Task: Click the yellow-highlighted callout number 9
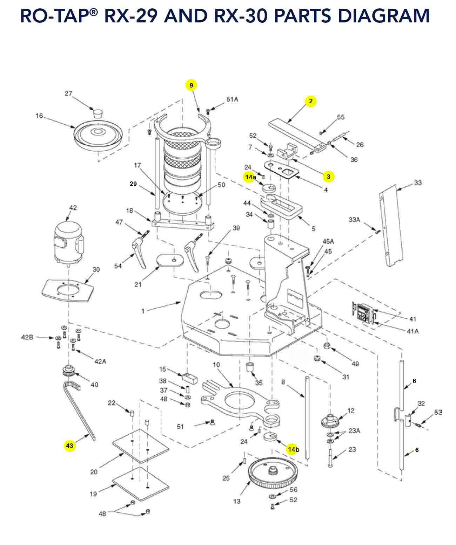pos(191,85)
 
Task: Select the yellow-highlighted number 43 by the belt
pos(69,446)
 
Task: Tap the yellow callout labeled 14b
pos(292,449)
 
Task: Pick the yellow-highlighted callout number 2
pos(310,101)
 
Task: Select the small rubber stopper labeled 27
pos(97,113)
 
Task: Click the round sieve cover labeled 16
pos(98,135)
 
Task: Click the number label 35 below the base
pos(259,383)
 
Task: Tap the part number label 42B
pos(27,337)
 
